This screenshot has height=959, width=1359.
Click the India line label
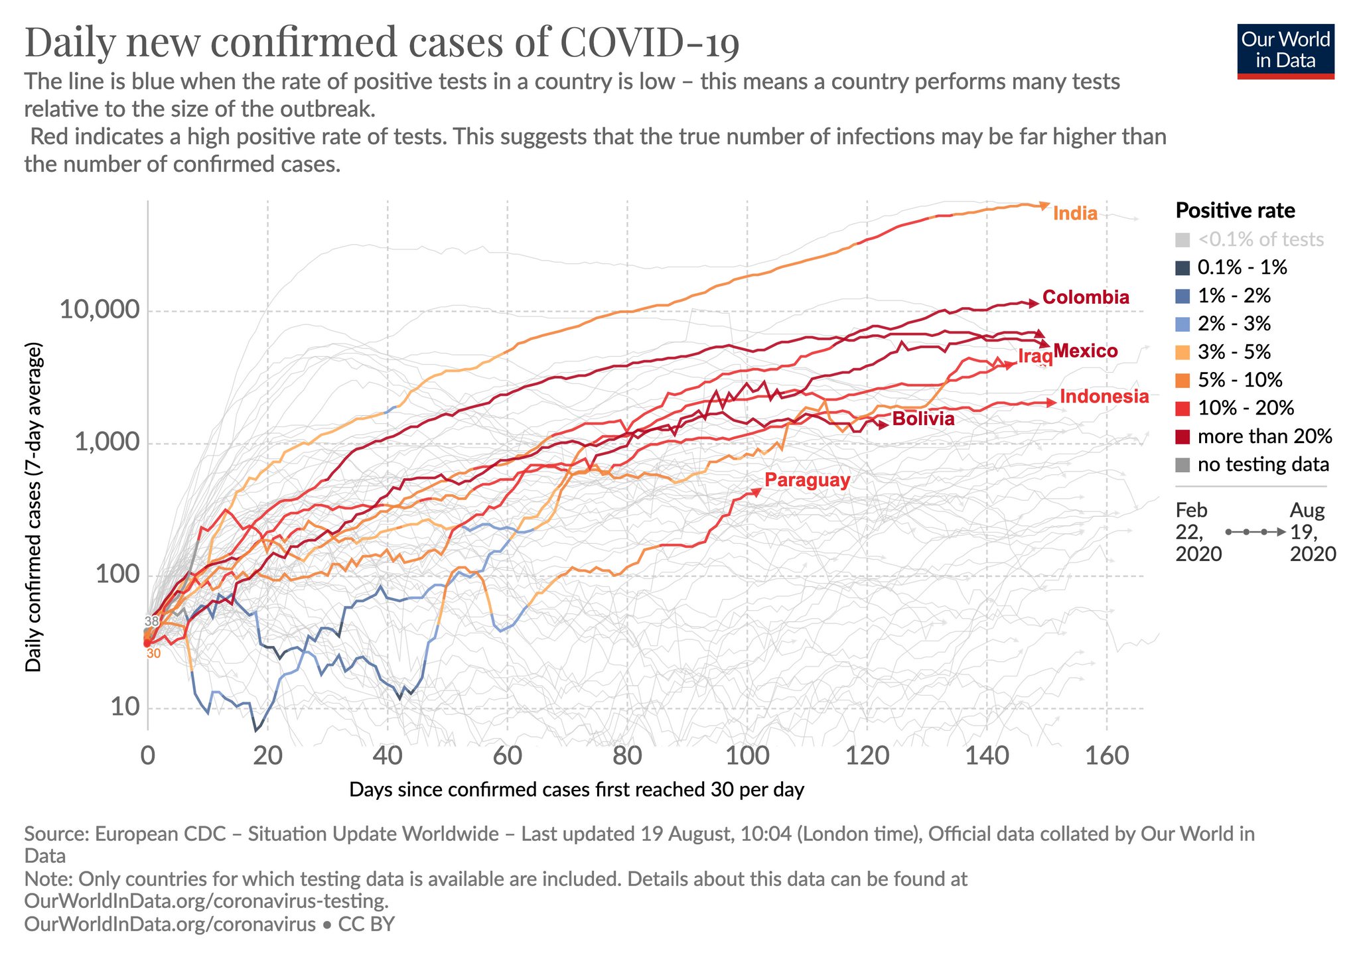click(1075, 214)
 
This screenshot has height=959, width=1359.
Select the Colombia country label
click(1086, 297)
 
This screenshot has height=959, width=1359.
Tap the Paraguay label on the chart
click(807, 480)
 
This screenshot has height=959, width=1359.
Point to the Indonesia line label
click(1104, 397)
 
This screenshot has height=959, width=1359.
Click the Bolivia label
click(923, 418)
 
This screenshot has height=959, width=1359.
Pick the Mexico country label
click(1085, 351)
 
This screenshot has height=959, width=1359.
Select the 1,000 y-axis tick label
click(106, 442)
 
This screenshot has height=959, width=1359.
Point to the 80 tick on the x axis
click(627, 755)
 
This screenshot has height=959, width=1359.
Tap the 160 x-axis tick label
click(1106, 755)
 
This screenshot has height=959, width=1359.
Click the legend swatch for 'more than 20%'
click(1182, 436)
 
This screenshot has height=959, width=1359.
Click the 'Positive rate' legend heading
click(1235, 211)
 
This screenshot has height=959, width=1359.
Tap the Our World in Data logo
click(1285, 51)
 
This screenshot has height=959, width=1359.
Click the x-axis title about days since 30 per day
click(576, 790)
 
